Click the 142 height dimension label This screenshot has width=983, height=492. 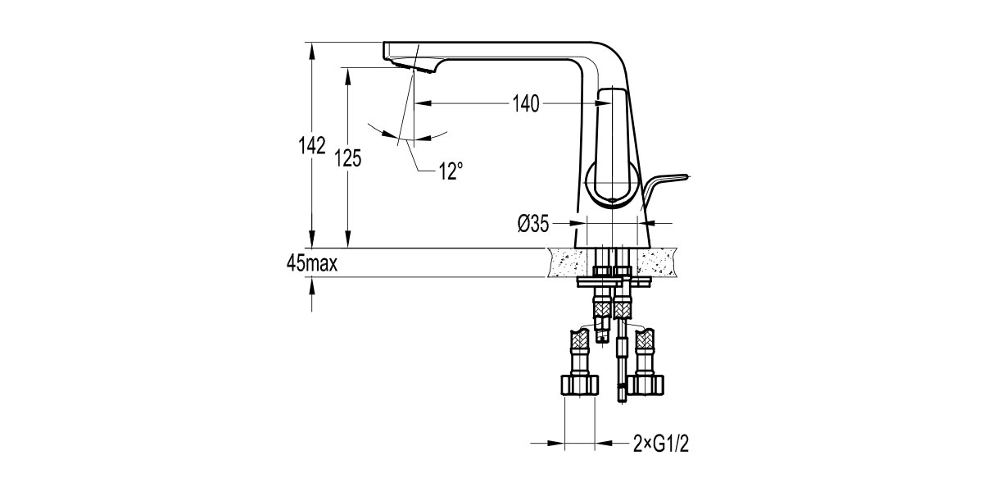[x=311, y=145]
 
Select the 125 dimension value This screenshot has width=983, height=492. [x=347, y=158]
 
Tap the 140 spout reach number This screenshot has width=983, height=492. [x=525, y=104]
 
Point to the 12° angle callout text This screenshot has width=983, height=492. [x=450, y=171]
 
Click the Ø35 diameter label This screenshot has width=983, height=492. [x=532, y=223]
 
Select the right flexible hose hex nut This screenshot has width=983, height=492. [x=645, y=385]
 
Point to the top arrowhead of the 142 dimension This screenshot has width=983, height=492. [x=311, y=47]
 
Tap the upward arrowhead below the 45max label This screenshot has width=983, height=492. [x=311, y=284]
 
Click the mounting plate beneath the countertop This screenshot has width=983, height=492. [x=614, y=282]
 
